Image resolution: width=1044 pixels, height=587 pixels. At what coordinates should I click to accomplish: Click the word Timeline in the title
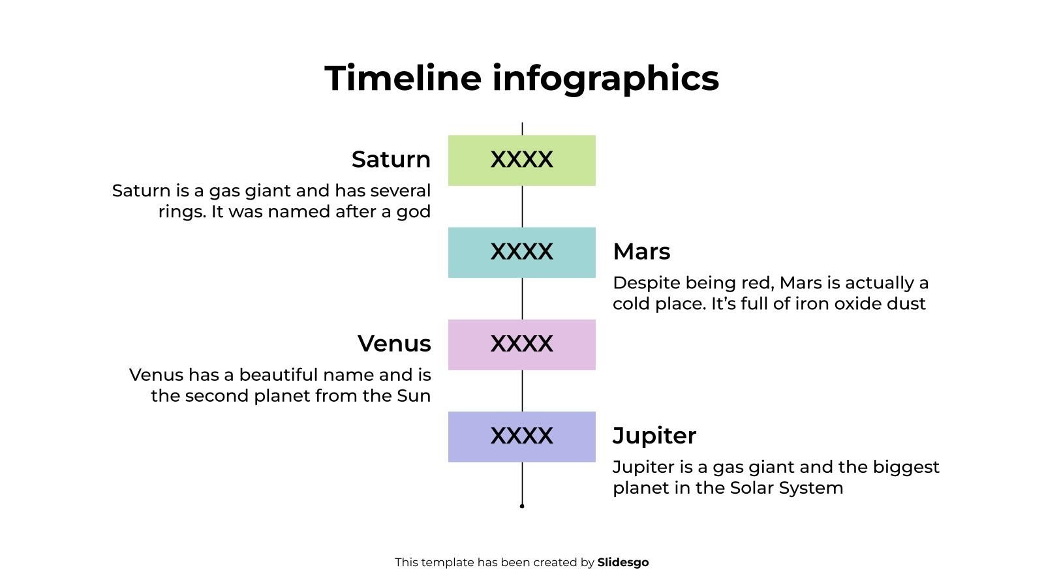403,78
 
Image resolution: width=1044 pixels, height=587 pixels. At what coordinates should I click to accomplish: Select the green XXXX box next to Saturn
521,160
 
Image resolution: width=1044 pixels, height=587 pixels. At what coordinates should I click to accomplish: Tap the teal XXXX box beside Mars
521,252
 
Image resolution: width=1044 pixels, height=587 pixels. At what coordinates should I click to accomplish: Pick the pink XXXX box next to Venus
521,344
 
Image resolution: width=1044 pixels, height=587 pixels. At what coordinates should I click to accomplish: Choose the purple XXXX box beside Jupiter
521,436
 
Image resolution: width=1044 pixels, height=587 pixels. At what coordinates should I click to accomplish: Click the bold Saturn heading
391,160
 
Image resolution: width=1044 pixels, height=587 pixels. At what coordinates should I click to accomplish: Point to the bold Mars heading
641,252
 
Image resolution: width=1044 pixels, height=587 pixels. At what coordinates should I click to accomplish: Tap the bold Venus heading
394,344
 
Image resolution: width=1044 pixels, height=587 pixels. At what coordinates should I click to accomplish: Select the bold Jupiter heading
654,436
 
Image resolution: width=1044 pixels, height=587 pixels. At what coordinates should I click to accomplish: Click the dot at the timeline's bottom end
522,505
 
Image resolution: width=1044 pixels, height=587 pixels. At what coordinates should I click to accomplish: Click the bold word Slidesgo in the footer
623,562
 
